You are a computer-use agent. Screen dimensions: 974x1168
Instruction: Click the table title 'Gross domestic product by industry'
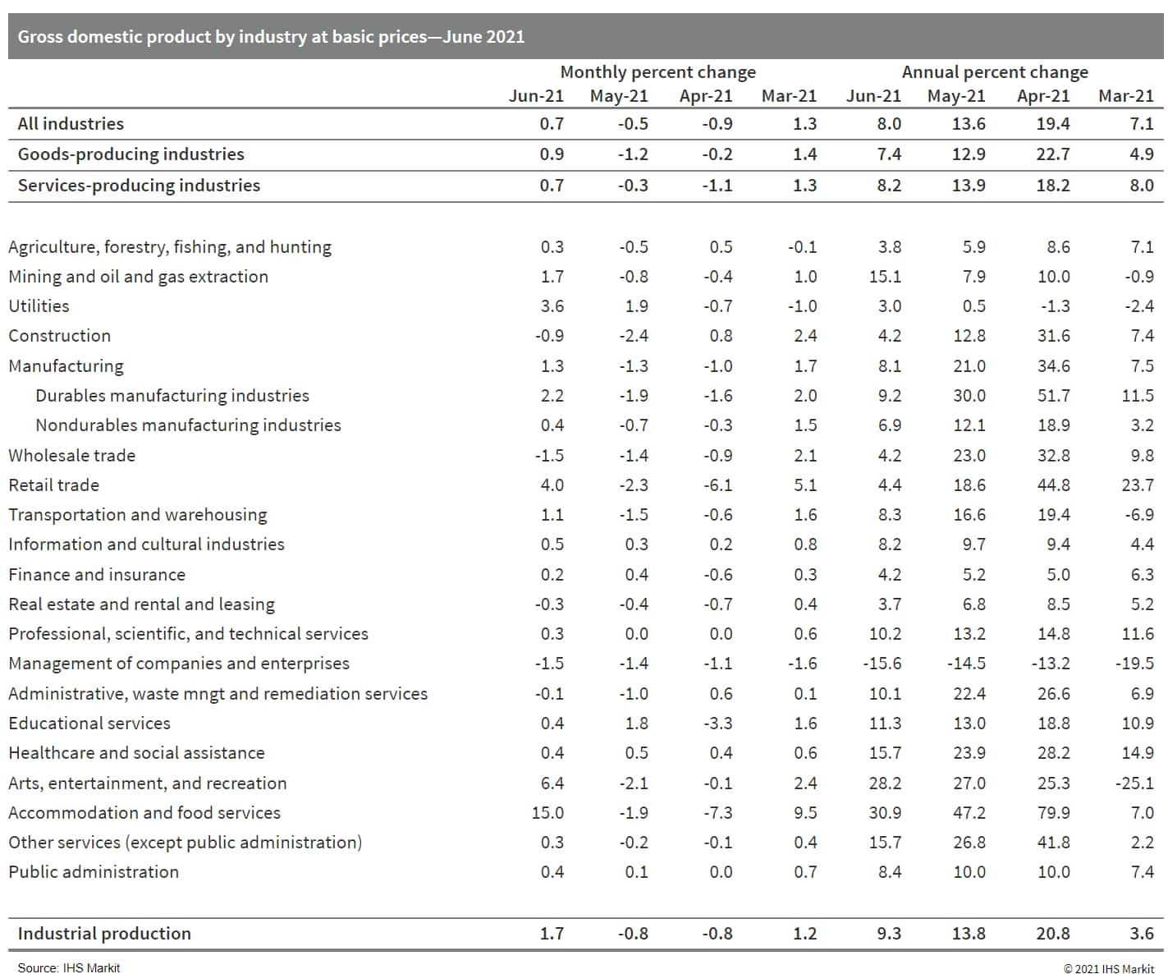click(271, 37)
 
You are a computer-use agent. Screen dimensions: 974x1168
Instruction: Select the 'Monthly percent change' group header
click(657, 72)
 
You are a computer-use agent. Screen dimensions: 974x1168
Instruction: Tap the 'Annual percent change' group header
click(994, 72)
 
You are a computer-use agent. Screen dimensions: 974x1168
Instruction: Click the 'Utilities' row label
click(39, 306)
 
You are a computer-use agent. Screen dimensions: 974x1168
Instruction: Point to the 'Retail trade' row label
click(53, 485)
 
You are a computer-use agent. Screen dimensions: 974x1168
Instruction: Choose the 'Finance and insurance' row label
click(97, 575)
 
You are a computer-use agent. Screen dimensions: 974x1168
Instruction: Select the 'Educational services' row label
click(89, 724)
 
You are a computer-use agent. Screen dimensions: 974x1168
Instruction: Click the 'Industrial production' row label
click(104, 934)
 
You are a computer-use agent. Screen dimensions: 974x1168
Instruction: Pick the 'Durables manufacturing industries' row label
click(172, 396)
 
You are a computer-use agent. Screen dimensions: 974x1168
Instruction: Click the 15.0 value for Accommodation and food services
click(547, 813)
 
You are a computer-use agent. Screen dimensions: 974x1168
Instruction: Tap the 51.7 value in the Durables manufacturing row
click(1053, 396)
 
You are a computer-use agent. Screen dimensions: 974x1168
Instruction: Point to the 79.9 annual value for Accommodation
click(1053, 813)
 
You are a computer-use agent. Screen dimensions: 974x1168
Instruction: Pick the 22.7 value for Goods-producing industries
click(1053, 154)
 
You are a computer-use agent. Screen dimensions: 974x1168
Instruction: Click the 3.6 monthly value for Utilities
click(552, 306)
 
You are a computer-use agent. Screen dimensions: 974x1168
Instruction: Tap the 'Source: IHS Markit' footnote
click(69, 968)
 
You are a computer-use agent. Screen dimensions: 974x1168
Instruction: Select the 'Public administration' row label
click(94, 872)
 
